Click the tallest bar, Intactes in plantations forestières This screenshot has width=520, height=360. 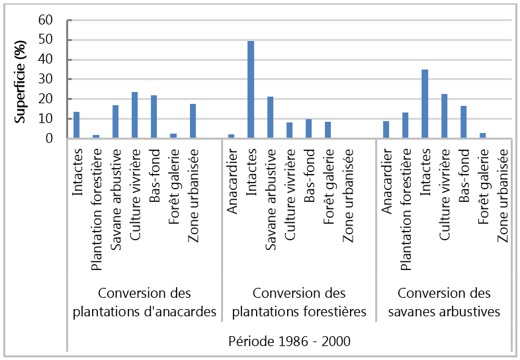coord(251,90)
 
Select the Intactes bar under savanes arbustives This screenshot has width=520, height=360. coord(424,104)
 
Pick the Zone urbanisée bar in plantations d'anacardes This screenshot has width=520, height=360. coord(193,121)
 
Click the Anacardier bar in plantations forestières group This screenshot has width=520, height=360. coord(231,136)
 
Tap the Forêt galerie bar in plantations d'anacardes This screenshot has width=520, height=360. coord(173,136)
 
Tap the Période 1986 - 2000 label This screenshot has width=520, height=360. coord(289,341)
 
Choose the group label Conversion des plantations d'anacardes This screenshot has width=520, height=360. coord(144,302)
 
